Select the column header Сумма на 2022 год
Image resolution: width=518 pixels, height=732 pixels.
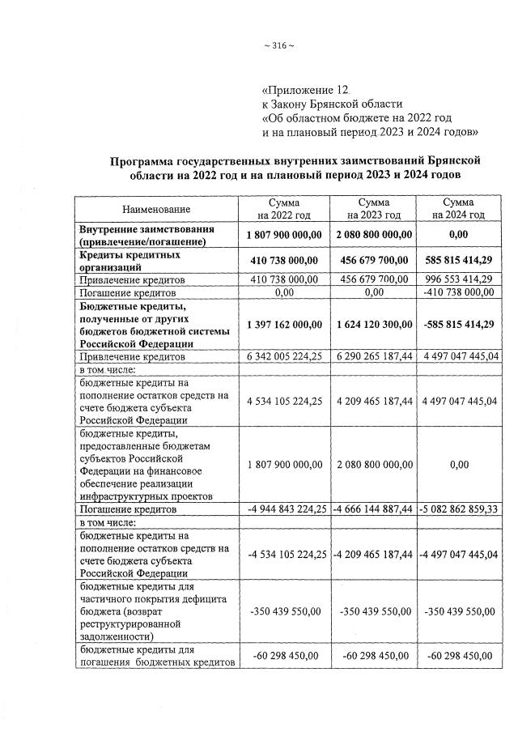[x=284, y=208]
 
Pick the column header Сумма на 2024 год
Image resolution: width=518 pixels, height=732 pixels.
[x=458, y=208]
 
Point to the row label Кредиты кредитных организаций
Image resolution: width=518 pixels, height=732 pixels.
[x=129, y=260]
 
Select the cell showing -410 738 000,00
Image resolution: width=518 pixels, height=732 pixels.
[x=458, y=292]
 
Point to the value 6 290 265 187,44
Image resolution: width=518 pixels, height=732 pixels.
[x=373, y=356]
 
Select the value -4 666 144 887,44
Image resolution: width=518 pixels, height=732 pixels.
[x=373, y=509]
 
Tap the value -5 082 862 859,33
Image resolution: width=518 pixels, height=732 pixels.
[x=458, y=509]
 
